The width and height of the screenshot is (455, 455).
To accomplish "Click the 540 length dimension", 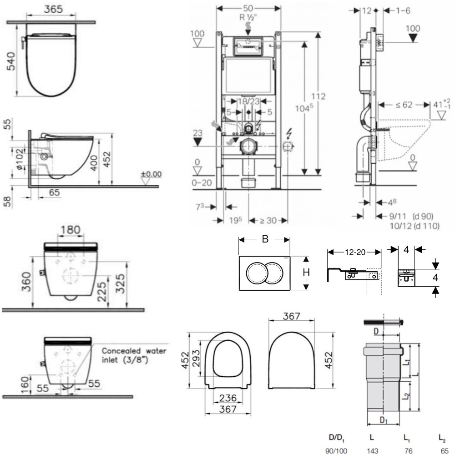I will pos(10,62).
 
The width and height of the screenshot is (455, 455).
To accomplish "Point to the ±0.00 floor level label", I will pos(151,174).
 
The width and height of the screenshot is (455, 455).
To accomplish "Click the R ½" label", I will pos(248,18).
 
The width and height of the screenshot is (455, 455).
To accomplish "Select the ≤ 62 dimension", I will pos(404,105).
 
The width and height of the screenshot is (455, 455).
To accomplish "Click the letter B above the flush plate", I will pos(265,240).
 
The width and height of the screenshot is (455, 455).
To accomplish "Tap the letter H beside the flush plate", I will pos(307,272).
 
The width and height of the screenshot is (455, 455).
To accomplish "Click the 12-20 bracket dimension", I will pos(354,252).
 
